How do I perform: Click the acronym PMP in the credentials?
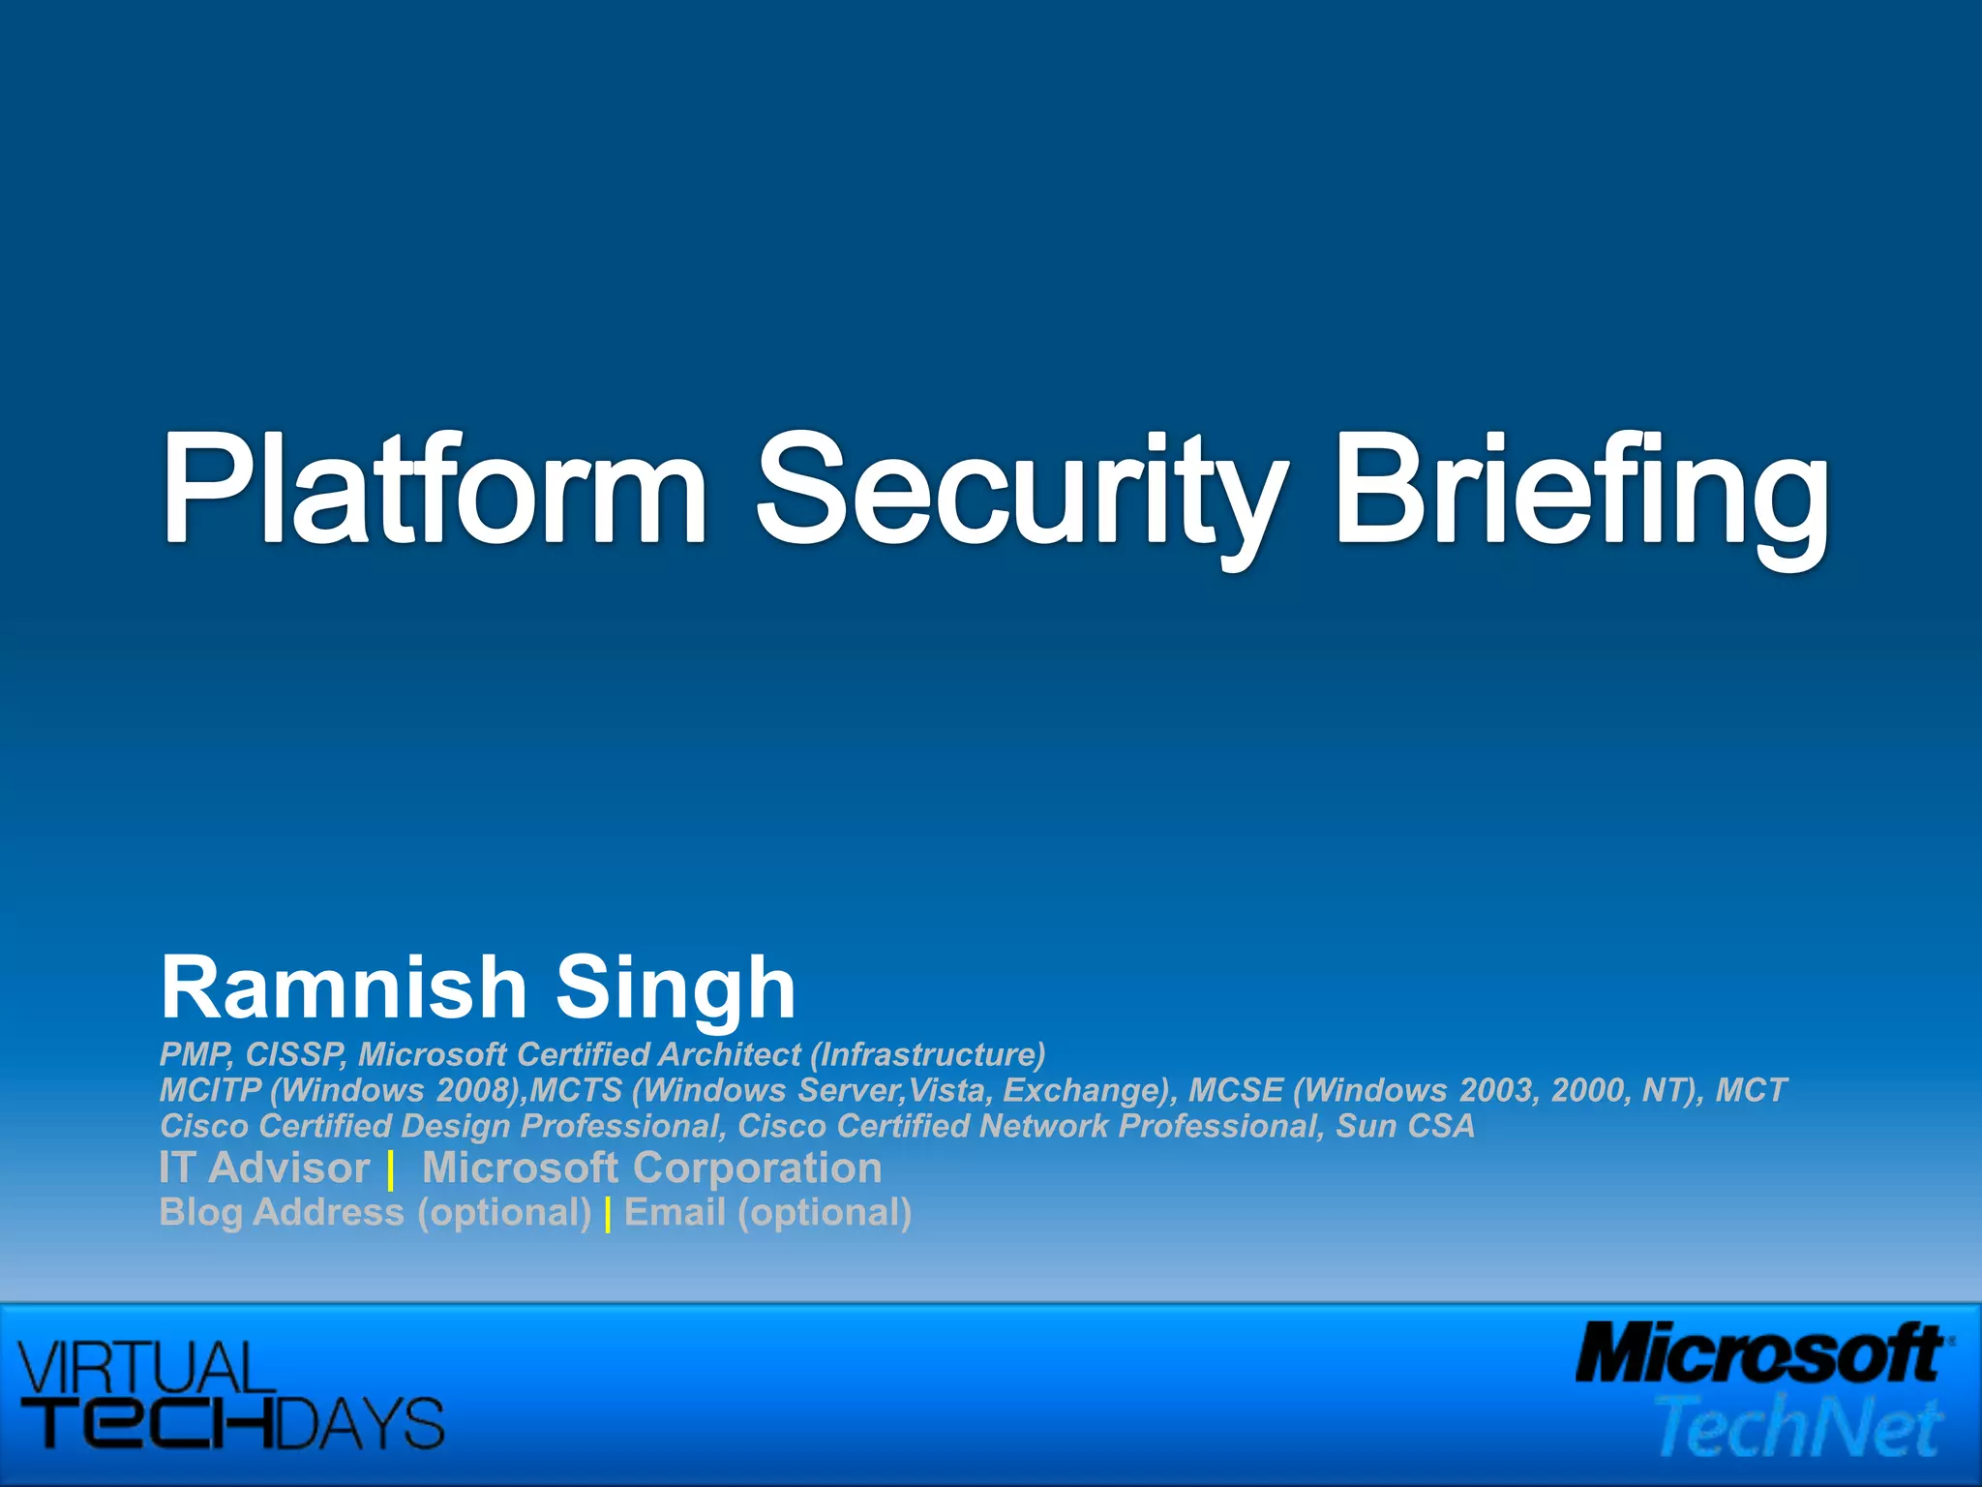195,1054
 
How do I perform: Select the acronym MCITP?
210,1090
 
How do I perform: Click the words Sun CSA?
1405,1126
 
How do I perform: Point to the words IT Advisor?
264,1168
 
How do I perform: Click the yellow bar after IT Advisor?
390,1171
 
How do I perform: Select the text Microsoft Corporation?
651,1168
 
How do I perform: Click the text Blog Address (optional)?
375,1212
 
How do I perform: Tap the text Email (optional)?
767,1212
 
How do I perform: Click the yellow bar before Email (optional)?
608,1215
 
